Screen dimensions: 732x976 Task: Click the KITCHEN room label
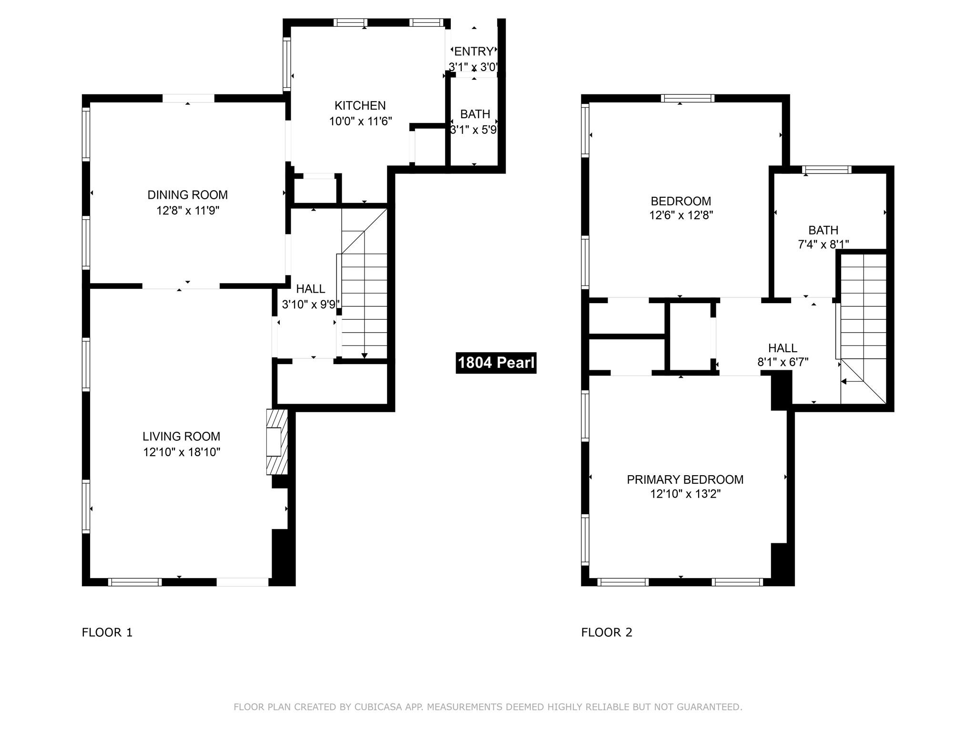pyautogui.click(x=360, y=105)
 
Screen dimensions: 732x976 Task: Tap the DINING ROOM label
pyautogui.click(x=187, y=194)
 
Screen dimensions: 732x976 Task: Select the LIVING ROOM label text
pyautogui.click(x=181, y=436)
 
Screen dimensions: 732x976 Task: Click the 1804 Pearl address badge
pyautogui.click(x=496, y=363)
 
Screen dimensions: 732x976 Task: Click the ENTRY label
pyautogui.click(x=474, y=51)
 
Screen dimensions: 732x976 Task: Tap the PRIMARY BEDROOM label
pyautogui.click(x=685, y=479)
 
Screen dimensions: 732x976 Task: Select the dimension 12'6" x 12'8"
pyautogui.click(x=681, y=215)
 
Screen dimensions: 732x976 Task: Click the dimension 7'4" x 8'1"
pyautogui.click(x=823, y=244)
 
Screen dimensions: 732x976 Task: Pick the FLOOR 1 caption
pyautogui.click(x=107, y=632)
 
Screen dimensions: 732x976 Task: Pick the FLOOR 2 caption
pyautogui.click(x=607, y=632)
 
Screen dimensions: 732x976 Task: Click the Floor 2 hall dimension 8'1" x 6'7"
pyautogui.click(x=783, y=362)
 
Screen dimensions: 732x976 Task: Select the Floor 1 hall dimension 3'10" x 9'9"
pyautogui.click(x=311, y=305)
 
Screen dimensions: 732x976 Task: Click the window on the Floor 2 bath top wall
pyautogui.click(x=826, y=170)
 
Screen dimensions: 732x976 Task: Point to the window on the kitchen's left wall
pyautogui.click(x=286, y=64)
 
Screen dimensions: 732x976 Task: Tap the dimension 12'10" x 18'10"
pyautogui.click(x=182, y=452)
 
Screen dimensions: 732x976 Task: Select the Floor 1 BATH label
pyautogui.click(x=475, y=114)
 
